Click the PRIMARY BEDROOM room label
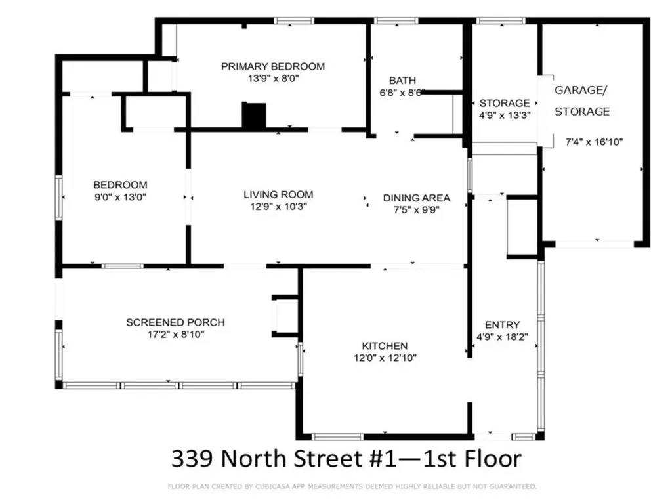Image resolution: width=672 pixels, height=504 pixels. click(272, 66)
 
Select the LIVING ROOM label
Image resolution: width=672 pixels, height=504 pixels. click(278, 194)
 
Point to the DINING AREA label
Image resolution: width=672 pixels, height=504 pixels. click(416, 198)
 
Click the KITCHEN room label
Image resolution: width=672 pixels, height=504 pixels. click(385, 346)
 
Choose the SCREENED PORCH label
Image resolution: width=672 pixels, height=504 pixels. click(175, 322)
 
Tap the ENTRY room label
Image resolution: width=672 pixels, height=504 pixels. click(502, 325)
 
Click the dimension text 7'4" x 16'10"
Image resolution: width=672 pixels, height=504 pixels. click(593, 141)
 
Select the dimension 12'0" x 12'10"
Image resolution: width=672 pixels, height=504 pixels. click(385, 358)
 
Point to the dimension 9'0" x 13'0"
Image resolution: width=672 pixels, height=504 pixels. click(120, 197)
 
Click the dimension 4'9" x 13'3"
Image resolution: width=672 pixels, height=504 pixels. click(504, 114)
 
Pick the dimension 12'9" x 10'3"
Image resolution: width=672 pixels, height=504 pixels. click(278, 206)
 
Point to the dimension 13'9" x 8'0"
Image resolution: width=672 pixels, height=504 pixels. click(272, 78)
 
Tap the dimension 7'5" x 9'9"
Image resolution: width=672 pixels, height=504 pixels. click(416, 210)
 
